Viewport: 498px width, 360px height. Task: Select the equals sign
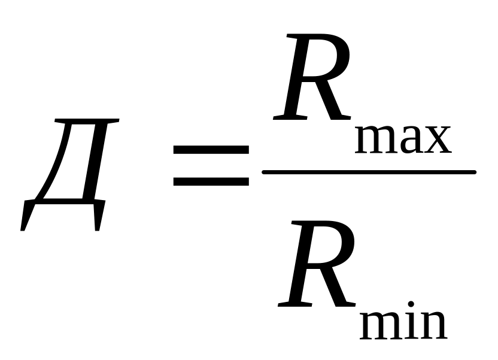click(210, 164)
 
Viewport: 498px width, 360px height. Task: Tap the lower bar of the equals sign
click(210, 179)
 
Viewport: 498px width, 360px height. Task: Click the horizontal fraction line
click(369, 173)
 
